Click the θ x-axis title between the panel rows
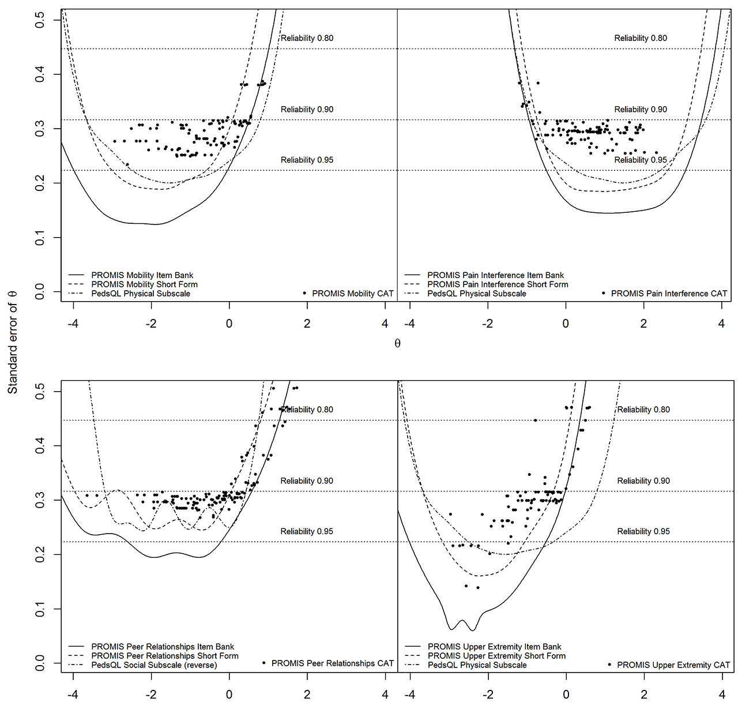point(397,344)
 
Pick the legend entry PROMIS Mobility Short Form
point(144,284)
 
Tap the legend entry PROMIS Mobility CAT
point(352,294)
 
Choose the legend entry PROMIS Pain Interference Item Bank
point(495,275)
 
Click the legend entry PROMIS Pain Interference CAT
point(669,294)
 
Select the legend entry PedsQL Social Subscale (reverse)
point(154,665)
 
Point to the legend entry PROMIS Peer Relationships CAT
point(332,663)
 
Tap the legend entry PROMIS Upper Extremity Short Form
point(496,656)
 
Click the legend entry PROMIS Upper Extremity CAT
point(673,665)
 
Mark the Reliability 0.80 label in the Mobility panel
point(307,39)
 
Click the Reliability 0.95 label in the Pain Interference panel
point(641,160)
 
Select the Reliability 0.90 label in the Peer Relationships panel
point(307,481)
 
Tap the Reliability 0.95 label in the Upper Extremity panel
point(643,531)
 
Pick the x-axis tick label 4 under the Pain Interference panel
point(721,324)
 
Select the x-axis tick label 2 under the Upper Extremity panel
point(644,694)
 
